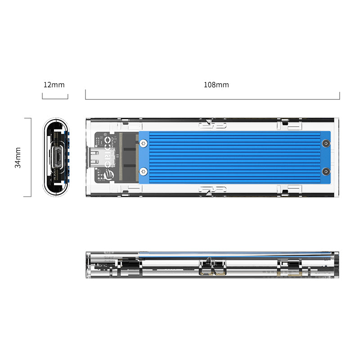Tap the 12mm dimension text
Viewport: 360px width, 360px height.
[54, 85]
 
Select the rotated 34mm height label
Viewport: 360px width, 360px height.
[18, 157]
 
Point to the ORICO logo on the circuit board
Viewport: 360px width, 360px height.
[108, 157]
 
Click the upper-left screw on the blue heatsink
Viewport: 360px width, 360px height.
[143, 144]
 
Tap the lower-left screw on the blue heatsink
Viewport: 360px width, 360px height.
[143, 171]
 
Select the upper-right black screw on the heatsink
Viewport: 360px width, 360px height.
[325, 144]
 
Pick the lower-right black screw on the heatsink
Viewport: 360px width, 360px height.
[325, 171]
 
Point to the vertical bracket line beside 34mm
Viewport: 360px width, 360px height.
[30, 157]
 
